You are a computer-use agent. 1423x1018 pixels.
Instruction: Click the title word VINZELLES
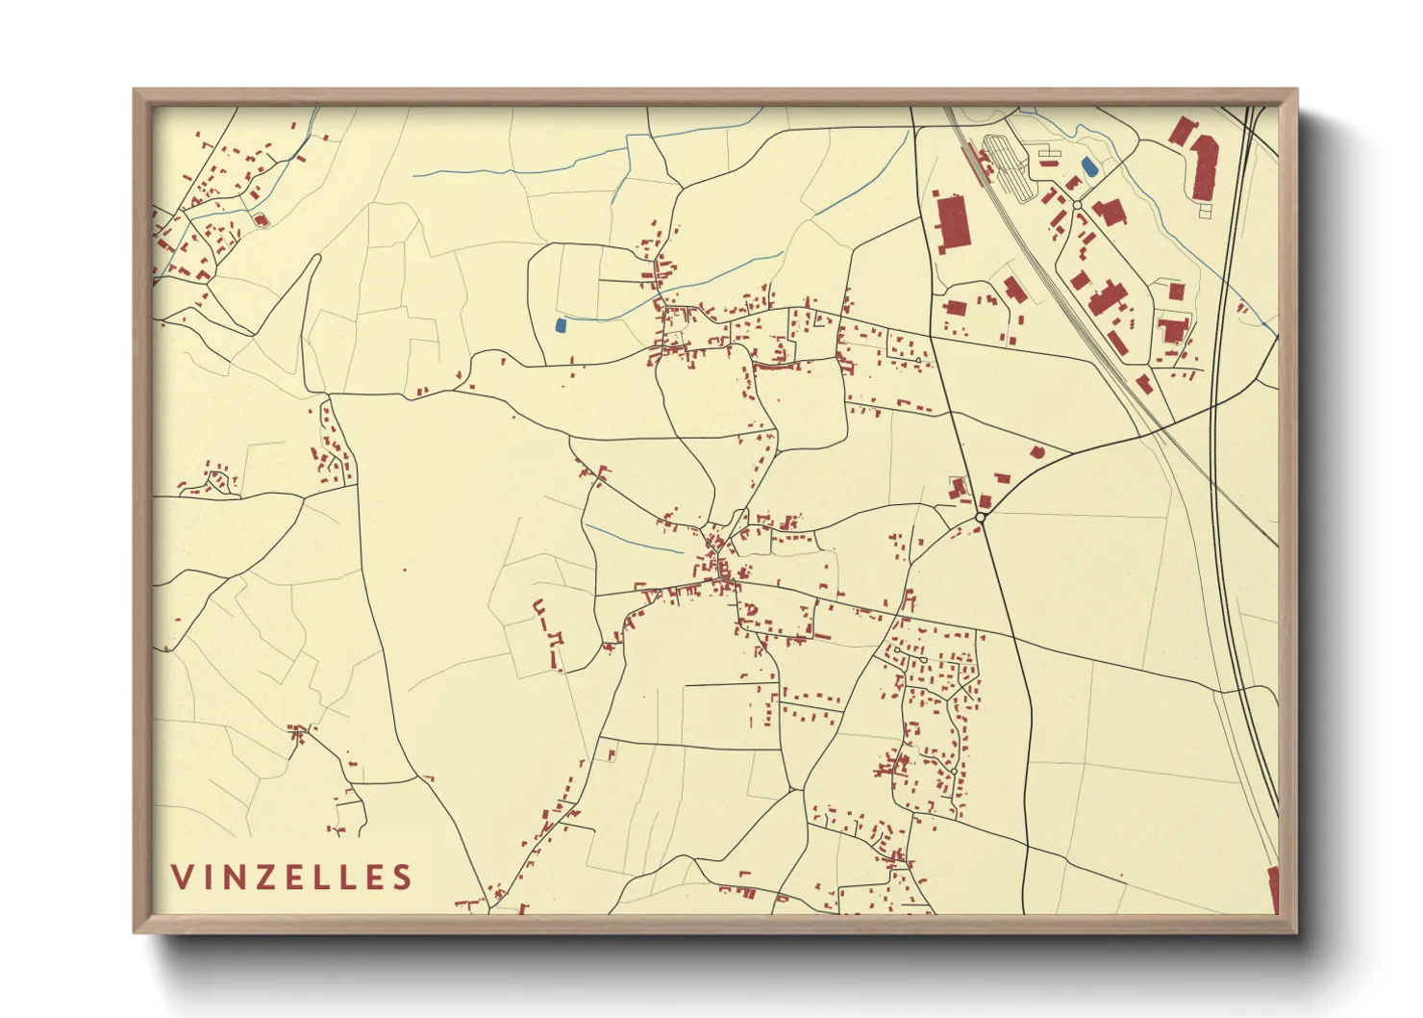292,878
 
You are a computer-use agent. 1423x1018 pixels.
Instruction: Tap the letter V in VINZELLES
181,878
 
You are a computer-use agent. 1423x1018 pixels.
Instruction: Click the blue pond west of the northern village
561,325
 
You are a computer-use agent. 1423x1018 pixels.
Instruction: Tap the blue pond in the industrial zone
1088,166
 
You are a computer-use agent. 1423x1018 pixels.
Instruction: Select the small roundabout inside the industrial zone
1077,205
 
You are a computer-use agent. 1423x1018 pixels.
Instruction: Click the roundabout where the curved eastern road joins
980,518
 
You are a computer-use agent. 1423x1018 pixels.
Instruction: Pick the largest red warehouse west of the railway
950,223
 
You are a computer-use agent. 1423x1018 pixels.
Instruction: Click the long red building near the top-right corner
1205,166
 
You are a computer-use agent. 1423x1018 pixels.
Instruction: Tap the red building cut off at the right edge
1273,889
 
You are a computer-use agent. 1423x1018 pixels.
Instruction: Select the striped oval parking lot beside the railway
1007,165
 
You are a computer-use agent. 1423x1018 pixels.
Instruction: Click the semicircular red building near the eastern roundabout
1036,451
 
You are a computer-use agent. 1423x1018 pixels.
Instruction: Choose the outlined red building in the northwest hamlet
260,219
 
